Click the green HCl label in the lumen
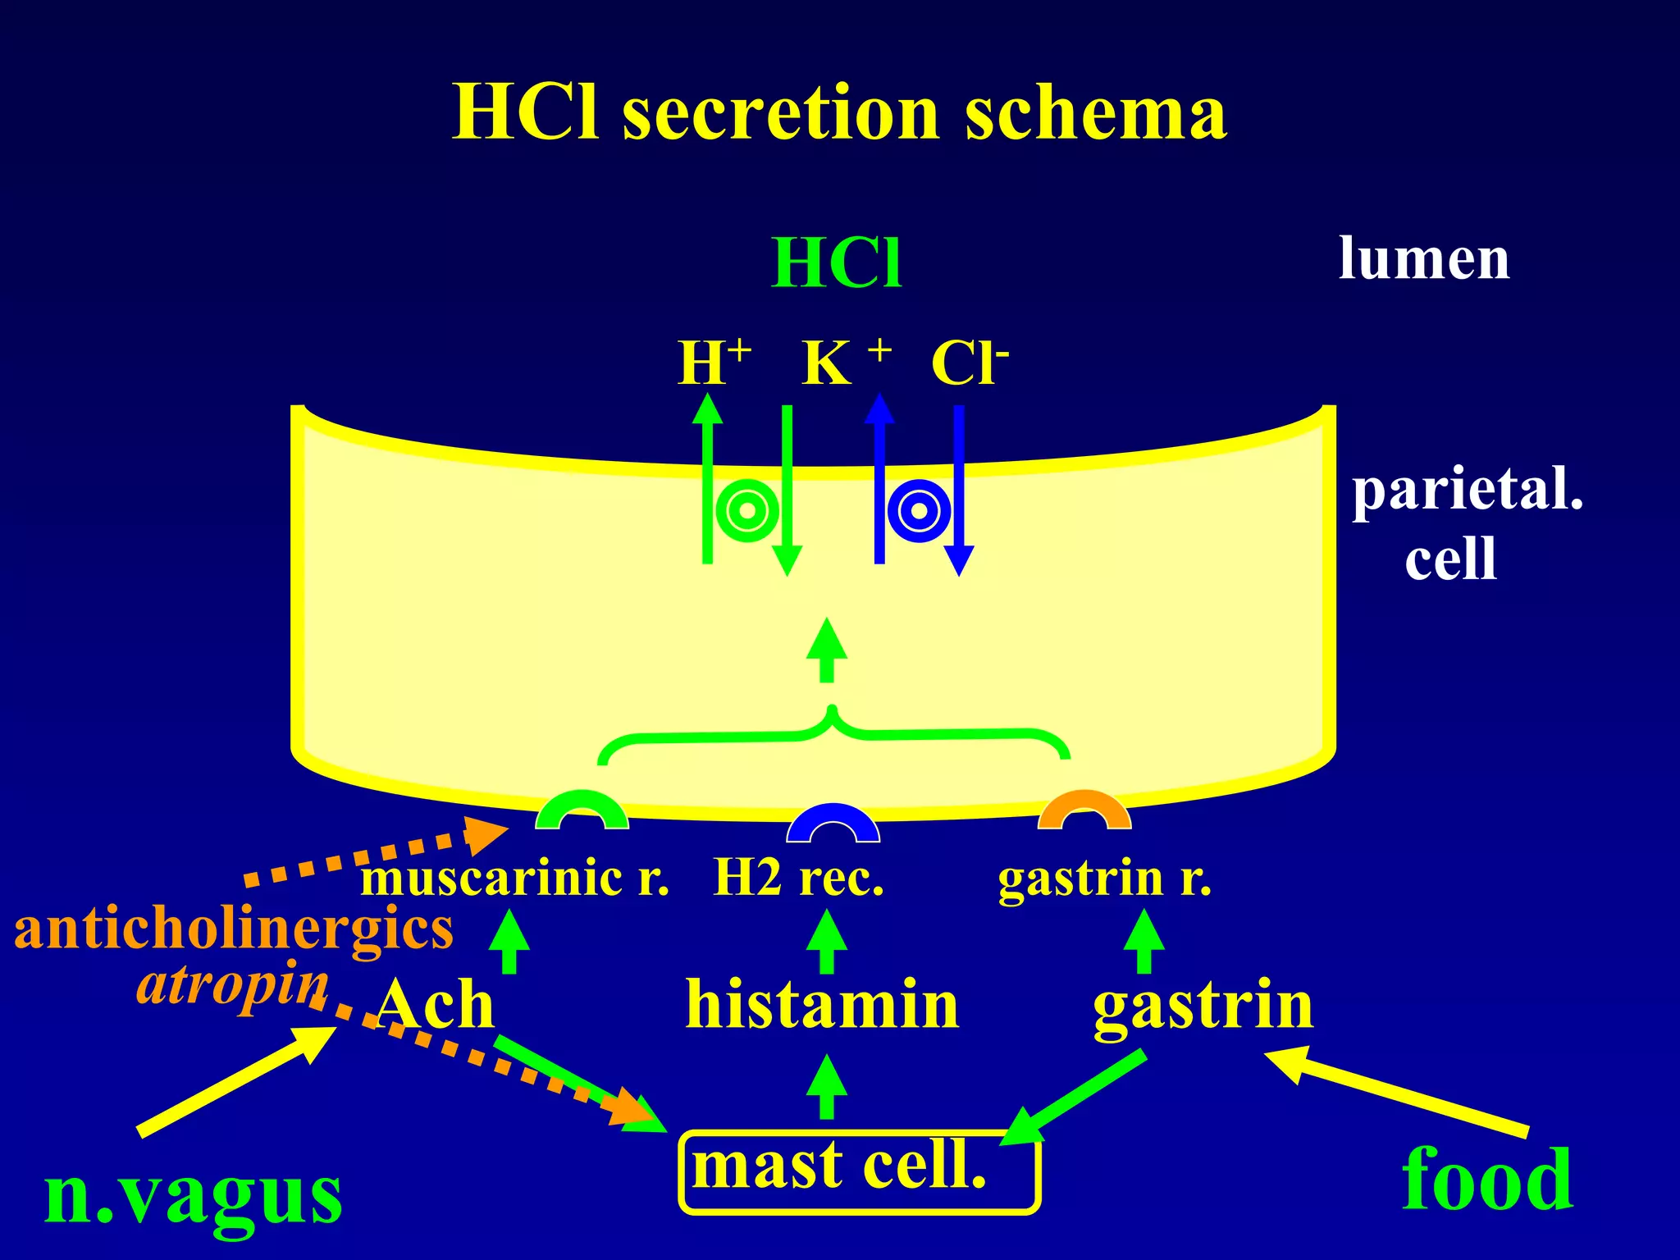[837, 263]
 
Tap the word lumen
[1424, 258]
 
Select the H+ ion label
[714, 362]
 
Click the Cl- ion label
[970, 362]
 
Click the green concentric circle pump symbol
[746, 511]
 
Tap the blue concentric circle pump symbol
[920, 511]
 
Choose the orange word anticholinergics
[234, 929]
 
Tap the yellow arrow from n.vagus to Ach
[237, 1081]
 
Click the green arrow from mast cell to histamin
[827, 1086]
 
